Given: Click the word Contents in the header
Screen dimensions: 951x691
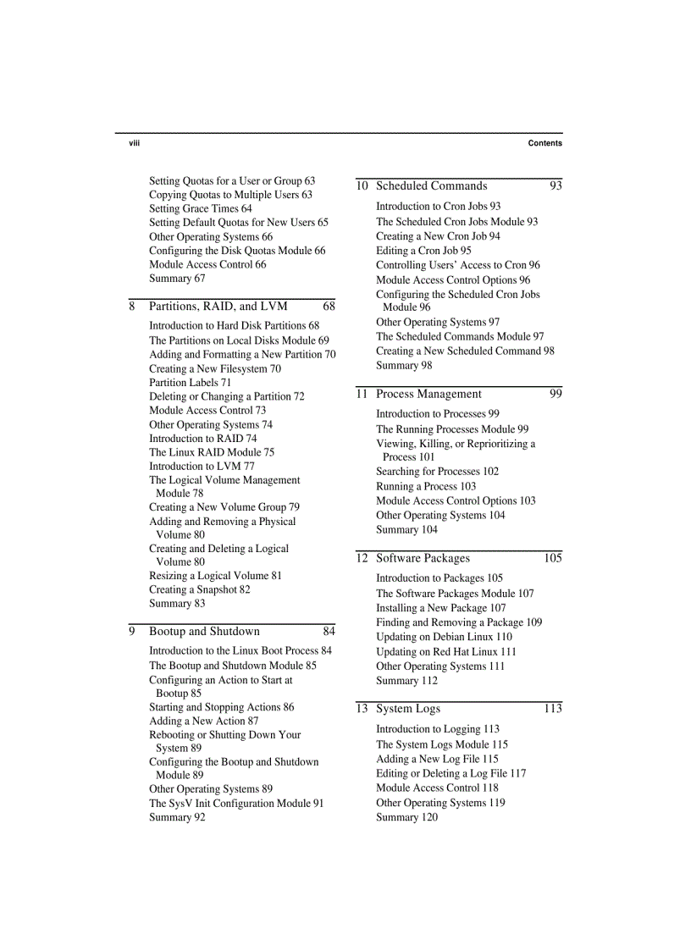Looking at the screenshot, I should [545, 143].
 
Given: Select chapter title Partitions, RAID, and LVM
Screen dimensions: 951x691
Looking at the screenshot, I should [218, 307].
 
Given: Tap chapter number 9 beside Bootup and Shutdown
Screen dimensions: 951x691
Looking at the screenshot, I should [132, 632].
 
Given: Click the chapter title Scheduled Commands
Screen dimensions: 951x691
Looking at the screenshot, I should [431, 186].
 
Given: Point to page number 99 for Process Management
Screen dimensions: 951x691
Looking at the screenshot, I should [556, 394].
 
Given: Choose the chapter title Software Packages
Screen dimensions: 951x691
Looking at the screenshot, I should [423, 558].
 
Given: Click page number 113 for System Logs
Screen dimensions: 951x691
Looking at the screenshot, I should [552, 709].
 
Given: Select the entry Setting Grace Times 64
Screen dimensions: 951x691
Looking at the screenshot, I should [200, 208].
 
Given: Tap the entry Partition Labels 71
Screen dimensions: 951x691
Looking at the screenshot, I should [190, 383].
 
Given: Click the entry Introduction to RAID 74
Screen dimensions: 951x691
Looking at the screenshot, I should [202, 439].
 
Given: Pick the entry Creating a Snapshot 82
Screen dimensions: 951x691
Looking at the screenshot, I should [199, 589].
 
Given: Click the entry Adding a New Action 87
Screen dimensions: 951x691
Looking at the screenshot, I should [203, 722].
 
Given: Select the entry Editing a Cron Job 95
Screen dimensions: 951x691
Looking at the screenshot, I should [423, 251].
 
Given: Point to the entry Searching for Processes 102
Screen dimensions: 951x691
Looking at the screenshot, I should [437, 472].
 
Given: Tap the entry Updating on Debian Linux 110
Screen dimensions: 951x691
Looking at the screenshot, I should [444, 637].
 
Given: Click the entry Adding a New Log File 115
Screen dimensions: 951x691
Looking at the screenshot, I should [437, 760].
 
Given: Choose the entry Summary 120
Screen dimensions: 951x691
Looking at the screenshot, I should [406, 817].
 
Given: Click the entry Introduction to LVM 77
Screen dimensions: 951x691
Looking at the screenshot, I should [202, 467].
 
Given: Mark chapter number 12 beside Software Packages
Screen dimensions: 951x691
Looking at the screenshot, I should [362, 558].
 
